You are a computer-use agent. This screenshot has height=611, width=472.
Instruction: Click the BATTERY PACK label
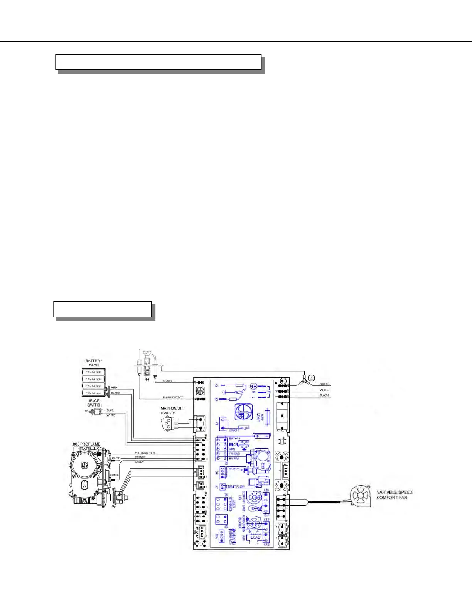pos(94,363)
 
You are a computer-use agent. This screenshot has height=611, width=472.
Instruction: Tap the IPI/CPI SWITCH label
pos(94,403)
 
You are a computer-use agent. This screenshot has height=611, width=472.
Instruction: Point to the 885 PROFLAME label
pos(87,444)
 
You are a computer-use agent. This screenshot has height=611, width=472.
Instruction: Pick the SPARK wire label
pos(167,381)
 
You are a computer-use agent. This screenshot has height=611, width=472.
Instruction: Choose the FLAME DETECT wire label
pos(173,397)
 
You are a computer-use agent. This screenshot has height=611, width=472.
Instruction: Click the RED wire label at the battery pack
pos(114,388)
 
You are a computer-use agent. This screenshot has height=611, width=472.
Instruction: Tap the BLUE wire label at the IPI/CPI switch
pos(110,410)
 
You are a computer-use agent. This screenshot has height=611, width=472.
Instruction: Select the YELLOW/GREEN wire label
pos(145,453)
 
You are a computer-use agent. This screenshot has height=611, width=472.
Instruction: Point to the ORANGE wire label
pos(140,457)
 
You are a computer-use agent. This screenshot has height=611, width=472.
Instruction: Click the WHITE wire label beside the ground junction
pos(324,390)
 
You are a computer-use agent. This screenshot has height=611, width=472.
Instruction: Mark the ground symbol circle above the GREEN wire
pos(312,378)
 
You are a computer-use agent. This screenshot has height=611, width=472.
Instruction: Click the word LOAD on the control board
pos(256,537)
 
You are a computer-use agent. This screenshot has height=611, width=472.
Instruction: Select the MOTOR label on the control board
pos(234,469)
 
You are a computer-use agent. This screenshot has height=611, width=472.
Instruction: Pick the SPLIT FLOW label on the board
pos(236,487)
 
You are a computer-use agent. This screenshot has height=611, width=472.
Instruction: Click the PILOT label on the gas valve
pos(116,459)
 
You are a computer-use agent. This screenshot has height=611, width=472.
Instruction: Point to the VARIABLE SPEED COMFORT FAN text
pos(394,495)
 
